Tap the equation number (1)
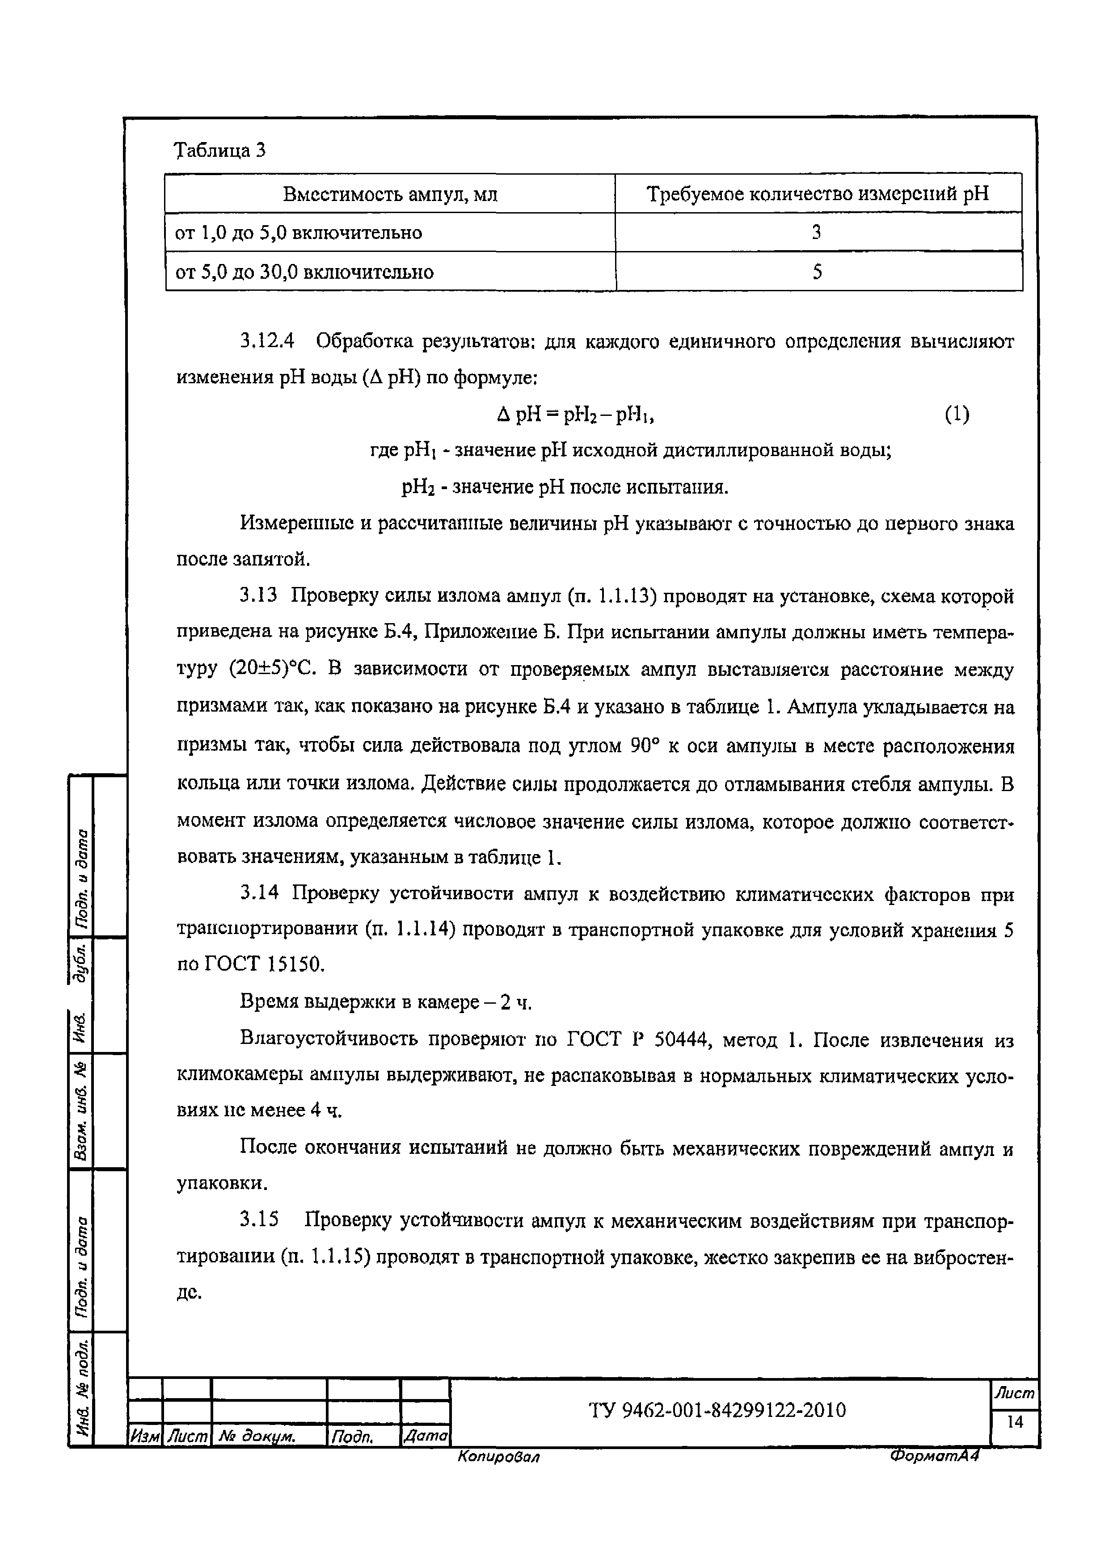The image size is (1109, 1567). click(957, 414)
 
